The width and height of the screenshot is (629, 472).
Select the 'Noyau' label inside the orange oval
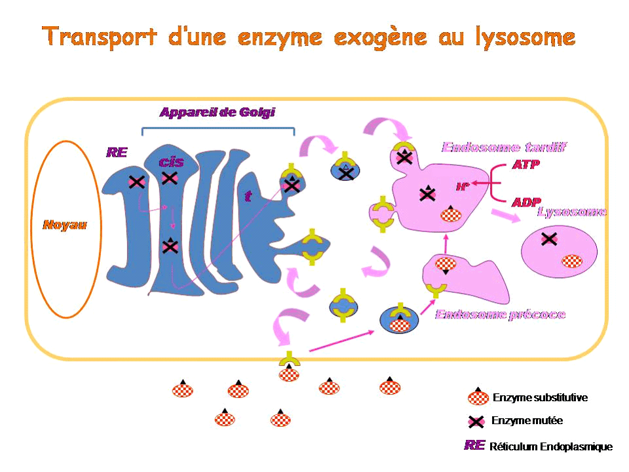point(64,225)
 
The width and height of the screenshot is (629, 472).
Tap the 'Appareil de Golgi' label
point(218,112)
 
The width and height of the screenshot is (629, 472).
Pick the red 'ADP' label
point(525,203)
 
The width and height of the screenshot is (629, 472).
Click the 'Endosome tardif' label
point(504,147)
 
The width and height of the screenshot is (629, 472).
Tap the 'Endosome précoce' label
point(500,315)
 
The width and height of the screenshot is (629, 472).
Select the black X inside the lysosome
point(548,239)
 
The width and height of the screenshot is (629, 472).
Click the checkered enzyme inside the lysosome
point(571,261)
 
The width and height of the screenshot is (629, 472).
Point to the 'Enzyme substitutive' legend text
point(540,397)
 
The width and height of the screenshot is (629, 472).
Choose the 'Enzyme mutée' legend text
point(527,421)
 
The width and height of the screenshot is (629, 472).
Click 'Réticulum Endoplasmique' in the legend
point(551,447)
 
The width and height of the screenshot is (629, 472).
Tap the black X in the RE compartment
point(136,182)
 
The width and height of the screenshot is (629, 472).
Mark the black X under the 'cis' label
point(169,178)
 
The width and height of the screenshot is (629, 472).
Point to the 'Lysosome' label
point(571,212)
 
